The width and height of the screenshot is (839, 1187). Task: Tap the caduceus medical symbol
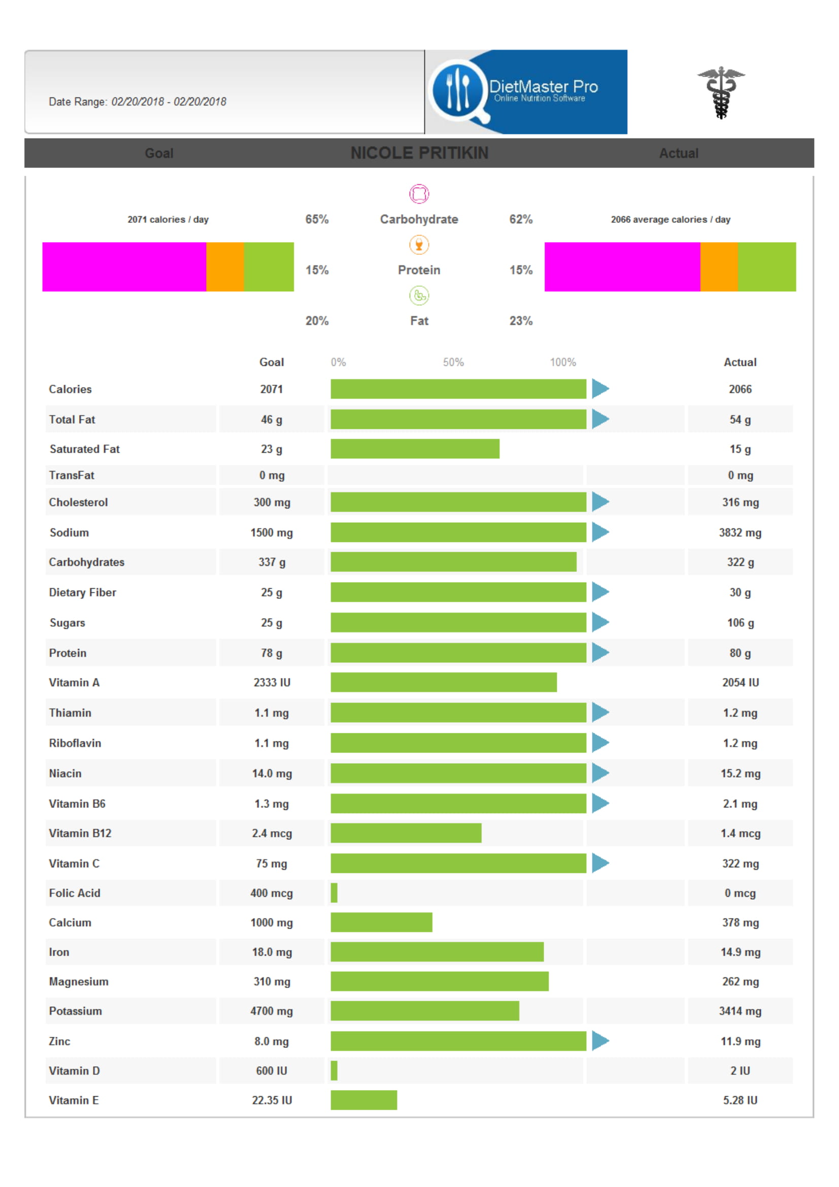click(721, 92)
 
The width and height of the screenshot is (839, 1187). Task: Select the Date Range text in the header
click(138, 101)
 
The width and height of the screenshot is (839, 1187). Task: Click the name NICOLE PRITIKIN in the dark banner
click(419, 153)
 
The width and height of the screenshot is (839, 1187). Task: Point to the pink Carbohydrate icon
click(419, 194)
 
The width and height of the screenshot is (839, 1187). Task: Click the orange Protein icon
click(419, 245)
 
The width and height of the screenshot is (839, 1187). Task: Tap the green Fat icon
click(419, 296)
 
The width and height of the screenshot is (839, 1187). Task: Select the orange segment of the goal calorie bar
click(225, 267)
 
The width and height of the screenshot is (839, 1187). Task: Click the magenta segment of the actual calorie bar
click(622, 267)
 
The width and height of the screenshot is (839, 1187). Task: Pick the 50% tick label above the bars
click(453, 362)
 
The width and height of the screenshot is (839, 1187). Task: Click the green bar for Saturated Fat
click(415, 449)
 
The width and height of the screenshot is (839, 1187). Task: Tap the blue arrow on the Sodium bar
click(600, 532)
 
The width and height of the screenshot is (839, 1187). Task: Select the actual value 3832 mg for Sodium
click(740, 532)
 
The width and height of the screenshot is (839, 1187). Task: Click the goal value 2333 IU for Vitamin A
click(272, 683)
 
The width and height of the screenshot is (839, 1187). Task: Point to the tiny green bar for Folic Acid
click(334, 893)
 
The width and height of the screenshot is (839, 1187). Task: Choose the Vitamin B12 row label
click(80, 833)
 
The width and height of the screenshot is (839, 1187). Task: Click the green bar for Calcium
click(382, 922)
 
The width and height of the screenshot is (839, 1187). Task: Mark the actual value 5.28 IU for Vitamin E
click(740, 1100)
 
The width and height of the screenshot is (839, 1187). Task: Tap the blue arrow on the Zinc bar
click(600, 1041)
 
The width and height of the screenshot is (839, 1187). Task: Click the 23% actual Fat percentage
click(521, 321)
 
